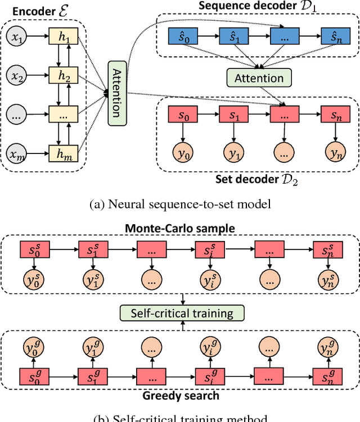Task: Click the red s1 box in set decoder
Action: pos(232,115)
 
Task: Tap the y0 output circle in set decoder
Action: pos(181,152)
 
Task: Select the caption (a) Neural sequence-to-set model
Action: pos(180,205)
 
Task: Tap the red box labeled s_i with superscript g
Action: pos(205,374)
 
